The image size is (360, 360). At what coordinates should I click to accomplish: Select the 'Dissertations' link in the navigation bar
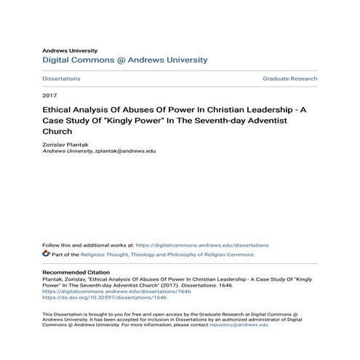61,79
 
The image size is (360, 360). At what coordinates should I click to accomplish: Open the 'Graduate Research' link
289,79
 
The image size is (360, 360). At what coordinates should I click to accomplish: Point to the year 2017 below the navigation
49,96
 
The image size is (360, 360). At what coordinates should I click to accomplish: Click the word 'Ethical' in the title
60,111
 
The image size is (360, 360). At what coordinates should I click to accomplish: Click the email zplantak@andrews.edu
125,151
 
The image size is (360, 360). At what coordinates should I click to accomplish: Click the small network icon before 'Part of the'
47,255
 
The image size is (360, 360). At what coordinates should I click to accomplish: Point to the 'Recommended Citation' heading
78,271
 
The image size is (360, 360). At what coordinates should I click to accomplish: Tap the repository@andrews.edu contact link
238,325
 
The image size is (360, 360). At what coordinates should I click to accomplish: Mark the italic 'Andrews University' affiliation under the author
67,151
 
